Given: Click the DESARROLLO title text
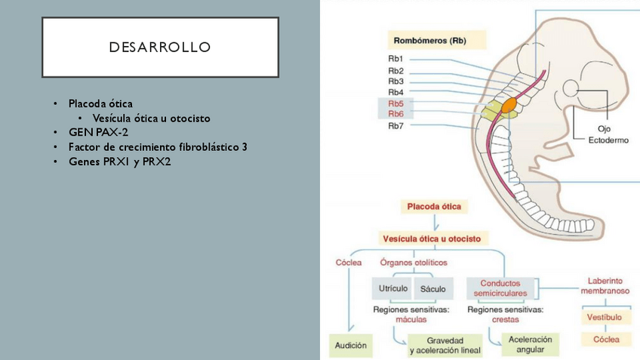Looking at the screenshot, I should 159,48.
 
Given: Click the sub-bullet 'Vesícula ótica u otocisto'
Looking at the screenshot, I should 151,118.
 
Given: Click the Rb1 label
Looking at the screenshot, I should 395,59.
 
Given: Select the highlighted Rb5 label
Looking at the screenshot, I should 395,103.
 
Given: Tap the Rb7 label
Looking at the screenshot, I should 395,125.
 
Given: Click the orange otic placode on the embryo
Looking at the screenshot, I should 508,104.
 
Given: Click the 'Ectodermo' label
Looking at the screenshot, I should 608,140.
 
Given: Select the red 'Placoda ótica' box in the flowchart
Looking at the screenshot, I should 434,205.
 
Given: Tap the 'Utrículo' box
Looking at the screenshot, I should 391,288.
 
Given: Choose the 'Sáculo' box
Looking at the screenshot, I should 432,288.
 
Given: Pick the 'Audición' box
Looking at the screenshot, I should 350,346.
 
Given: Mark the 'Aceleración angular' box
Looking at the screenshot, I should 530,344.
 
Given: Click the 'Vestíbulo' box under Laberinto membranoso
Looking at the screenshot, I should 605,318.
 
